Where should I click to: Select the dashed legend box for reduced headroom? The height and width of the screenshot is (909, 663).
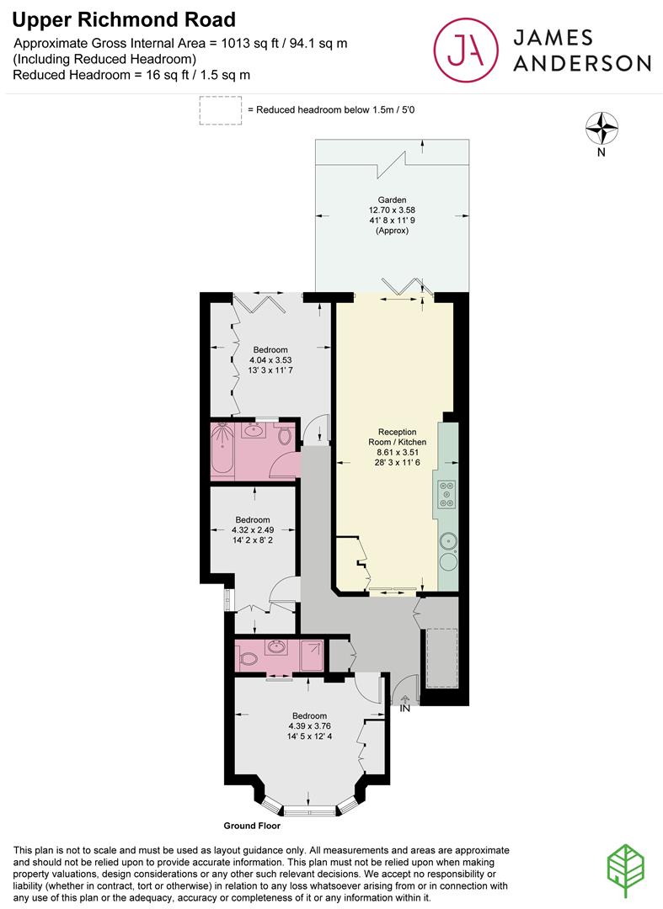tap(219, 110)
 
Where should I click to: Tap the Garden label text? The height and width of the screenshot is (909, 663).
tap(392, 201)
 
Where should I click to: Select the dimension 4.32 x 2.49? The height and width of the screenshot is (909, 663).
tap(253, 530)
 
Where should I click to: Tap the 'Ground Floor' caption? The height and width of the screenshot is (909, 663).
tap(252, 826)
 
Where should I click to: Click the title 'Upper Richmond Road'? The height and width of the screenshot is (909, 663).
tap(125, 19)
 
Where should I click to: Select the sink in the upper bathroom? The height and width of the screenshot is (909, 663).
tap(252, 432)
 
